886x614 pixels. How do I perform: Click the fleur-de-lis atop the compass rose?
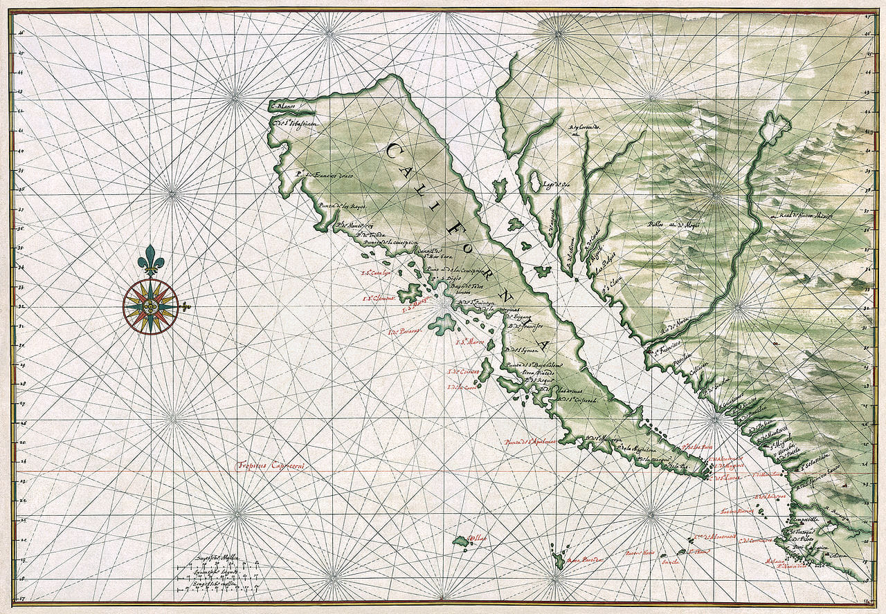coord(151,260)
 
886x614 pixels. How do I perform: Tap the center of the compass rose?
coord(151,306)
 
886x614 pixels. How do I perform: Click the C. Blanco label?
coord(283,106)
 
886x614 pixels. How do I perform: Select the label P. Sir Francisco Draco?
coord(323,176)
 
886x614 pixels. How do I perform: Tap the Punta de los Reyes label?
coord(343,206)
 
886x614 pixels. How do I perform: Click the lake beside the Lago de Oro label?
coord(534,182)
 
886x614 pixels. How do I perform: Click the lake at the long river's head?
coord(775,127)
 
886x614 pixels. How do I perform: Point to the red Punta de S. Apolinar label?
coord(530,440)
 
